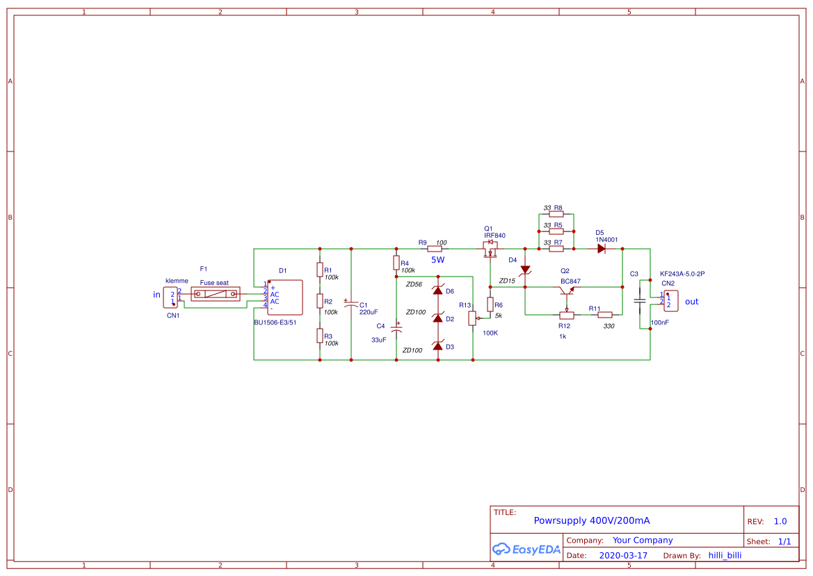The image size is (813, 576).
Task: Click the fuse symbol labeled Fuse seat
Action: tap(215, 294)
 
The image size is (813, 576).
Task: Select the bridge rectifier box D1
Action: tap(285, 298)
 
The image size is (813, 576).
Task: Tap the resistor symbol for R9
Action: tap(436, 248)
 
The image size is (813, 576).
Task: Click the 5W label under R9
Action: tap(437, 260)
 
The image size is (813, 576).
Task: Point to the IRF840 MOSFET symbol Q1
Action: tap(491, 249)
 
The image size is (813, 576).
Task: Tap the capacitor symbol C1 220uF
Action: tap(351, 304)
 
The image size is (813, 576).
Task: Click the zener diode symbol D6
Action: tap(437, 290)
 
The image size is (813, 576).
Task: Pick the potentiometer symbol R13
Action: tap(473, 318)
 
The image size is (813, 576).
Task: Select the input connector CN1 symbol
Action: tap(171, 297)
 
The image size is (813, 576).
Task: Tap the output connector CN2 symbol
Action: tap(670, 301)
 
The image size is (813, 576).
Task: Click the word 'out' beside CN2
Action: tap(691, 302)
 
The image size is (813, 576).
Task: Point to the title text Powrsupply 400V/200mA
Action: tap(591, 520)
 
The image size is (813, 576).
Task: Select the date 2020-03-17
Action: tap(622, 556)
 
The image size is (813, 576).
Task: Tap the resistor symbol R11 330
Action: tap(605, 314)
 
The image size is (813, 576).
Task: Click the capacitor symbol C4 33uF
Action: tap(396, 329)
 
